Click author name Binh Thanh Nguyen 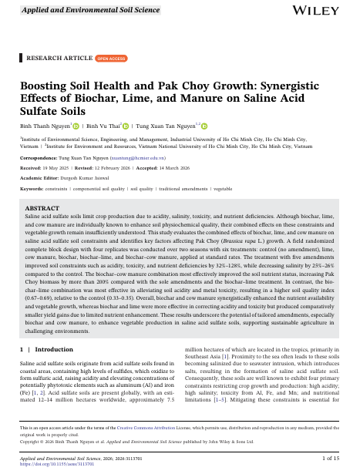(45, 125)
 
